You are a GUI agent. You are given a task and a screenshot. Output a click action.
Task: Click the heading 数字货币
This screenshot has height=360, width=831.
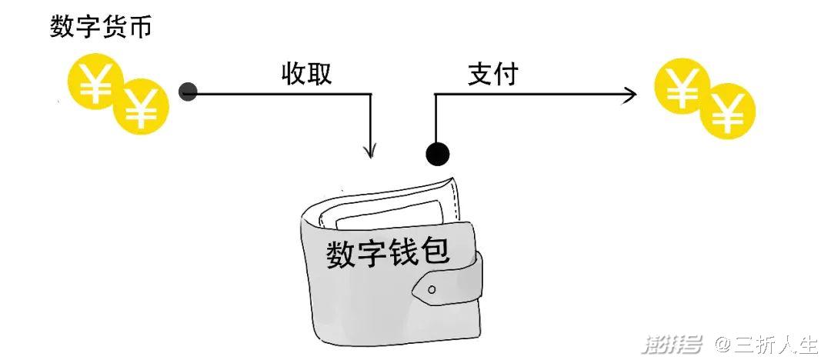tap(101, 26)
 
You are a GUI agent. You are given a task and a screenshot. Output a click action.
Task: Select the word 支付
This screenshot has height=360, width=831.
tap(492, 74)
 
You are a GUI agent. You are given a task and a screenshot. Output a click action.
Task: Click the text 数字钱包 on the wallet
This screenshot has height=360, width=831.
tap(388, 253)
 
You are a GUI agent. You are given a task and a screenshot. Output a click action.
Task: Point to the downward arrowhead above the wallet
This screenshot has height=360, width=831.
tap(370, 150)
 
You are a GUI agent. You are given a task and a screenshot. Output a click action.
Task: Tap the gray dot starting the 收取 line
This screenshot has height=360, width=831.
tap(189, 92)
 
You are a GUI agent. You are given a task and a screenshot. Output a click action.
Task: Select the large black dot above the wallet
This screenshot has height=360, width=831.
tap(437, 155)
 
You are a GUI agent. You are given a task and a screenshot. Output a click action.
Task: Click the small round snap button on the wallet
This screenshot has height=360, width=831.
tap(432, 289)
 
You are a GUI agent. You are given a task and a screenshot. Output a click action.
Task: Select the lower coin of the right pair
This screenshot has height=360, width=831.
tap(727, 111)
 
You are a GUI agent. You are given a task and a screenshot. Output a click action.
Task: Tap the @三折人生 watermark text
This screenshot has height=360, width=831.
tap(767, 345)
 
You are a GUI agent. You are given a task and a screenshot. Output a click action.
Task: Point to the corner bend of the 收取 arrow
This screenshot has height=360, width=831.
tap(370, 95)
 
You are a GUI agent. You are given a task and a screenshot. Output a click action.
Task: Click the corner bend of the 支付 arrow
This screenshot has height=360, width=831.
tap(436, 95)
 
